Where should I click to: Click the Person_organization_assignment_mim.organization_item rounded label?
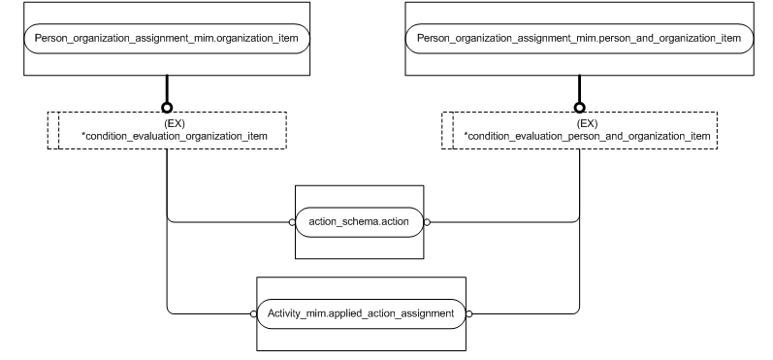tap(168, 39)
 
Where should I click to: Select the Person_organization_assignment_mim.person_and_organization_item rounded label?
tap(579, 39)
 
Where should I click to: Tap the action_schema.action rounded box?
tap(359, 221)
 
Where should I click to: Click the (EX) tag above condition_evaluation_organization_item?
tap(168, 124)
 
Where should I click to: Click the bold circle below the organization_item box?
tap(168, 107)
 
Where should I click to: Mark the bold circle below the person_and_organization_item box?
tap(579, 107)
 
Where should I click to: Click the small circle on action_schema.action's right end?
tap(427, 221)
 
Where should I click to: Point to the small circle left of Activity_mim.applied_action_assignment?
tap(251, 313)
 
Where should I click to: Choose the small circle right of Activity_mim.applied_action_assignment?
tap(468, 313)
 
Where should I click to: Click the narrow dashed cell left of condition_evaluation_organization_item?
tap(53, 131)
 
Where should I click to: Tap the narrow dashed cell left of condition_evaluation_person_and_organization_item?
tap(447, 131)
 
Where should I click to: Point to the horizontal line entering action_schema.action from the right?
tap(504, 221)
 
